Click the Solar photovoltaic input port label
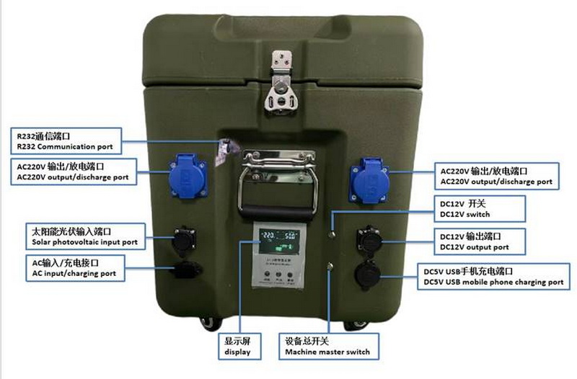[x=84, y=235]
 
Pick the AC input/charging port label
[x=72, y=268]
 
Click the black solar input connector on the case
[x=183, y=241]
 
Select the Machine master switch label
[x=327, y=346]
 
